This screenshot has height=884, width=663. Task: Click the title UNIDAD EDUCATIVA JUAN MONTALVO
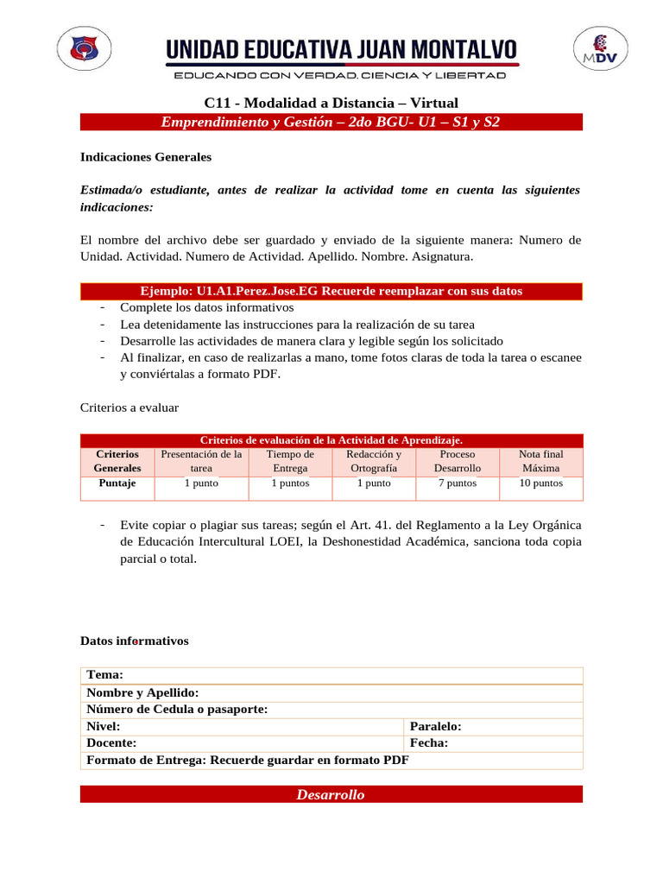pos(342,49)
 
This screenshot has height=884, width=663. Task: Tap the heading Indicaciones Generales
pos(146,158)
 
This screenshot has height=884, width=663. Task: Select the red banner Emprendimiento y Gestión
pos(331,123)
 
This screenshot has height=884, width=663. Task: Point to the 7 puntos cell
pos(457,483)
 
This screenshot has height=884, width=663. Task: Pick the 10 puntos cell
pos(540,483)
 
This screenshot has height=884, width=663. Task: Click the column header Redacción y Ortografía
pos(373,461)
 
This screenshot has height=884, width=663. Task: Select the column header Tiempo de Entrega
pos(290,461)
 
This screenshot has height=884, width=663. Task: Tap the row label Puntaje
pos(117,483)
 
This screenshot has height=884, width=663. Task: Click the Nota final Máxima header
pos(540,461)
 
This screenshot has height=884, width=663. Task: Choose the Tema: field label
pos(105,675)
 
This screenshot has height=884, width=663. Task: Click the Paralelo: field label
pos(436,727)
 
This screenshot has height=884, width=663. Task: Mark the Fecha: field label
pos(428,743)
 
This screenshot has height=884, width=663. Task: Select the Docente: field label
pos(112,743)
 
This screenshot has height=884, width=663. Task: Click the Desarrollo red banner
pos(331,795)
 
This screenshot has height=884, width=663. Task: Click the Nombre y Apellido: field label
pos(143,692)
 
